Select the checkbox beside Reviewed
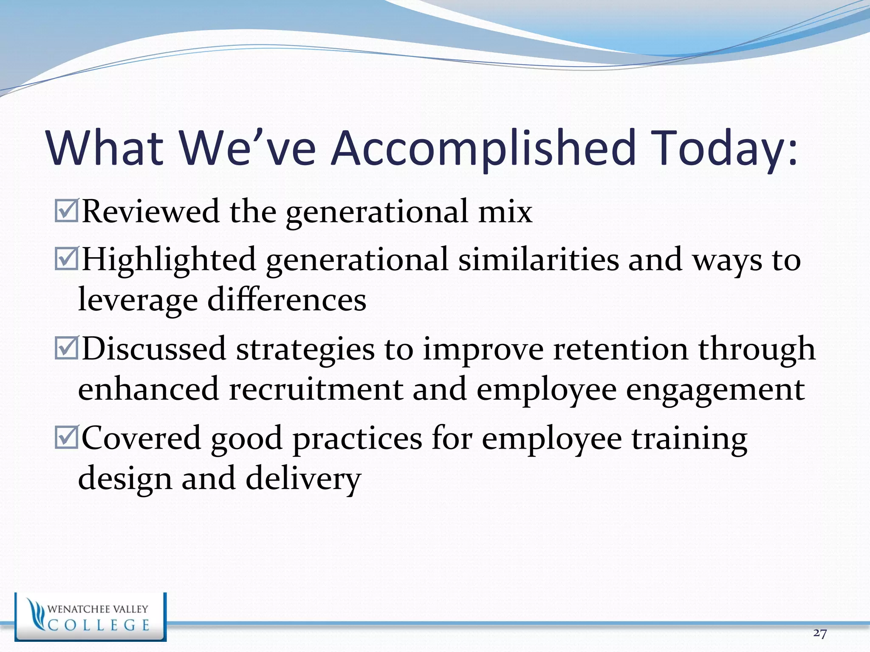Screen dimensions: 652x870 click(66, 211)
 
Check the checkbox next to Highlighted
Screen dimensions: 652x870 click(66, 259)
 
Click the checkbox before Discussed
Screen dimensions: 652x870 click(66, 348)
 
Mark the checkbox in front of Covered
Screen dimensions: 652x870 click(66, 438)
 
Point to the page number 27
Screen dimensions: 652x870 click(819, 633)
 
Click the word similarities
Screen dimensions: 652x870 click(538, 259)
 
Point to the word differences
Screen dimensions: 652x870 click(287, 300)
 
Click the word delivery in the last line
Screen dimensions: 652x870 click(303, 479)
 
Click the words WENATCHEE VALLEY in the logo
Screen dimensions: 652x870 click(98, 609)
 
